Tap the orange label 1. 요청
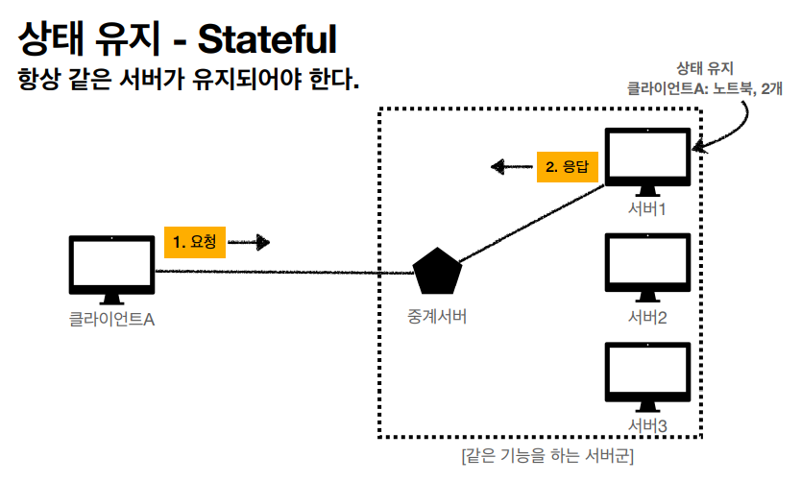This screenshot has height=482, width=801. (194, 243)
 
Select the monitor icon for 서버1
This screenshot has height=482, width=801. (647, 157)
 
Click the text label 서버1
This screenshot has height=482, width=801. (647, 208)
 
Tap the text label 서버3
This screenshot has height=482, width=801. (647, 424)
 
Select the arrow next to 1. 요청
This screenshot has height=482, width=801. (250, 243)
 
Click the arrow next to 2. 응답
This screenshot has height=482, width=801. (512, 167)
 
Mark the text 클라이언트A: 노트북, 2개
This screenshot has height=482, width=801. (704, 86)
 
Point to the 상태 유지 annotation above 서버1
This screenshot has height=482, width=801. (705, 67)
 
